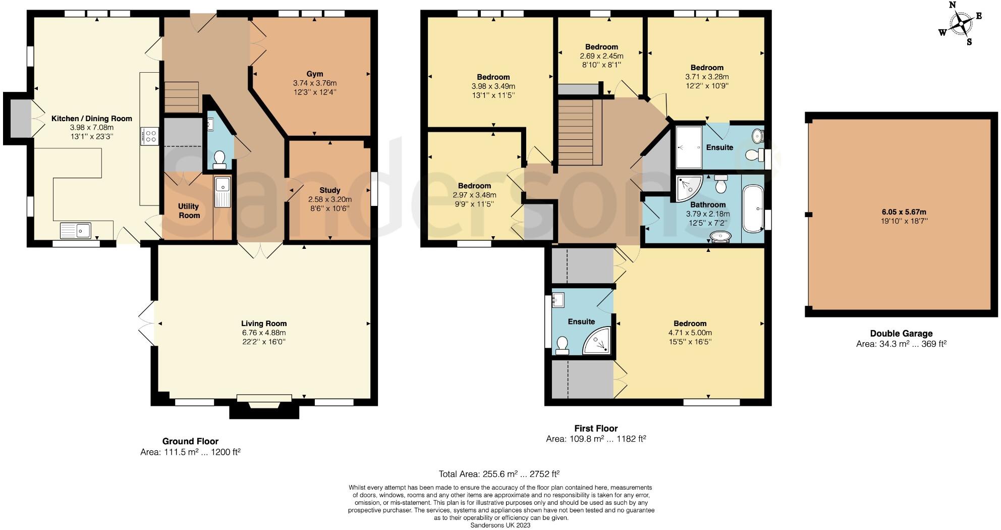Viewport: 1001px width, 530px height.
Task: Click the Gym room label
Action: (x=315, y=74)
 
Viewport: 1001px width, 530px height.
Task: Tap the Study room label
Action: (x=329, y=190)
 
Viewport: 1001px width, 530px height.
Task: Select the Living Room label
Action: (x=263, y=324)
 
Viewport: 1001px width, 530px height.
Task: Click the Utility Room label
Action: (x=189, y=210)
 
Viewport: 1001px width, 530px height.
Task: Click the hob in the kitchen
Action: (x=150, y=136)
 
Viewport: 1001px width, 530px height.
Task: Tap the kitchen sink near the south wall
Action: (x=76, y=231)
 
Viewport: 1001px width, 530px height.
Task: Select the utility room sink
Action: (x=222, y=191)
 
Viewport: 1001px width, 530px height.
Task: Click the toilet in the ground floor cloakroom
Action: (x=219, y=160)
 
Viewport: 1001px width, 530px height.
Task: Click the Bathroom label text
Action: (x=708, y=204)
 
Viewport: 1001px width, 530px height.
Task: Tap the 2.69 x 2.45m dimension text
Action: (x=601, y=56)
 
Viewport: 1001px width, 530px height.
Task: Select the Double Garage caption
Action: (x=901, y=334)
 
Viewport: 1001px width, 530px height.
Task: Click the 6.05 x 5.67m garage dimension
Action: (x=901, y=212)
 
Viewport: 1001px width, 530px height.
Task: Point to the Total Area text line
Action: (x=499, y=474)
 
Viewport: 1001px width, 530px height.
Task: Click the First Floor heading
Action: (x=596, y=429)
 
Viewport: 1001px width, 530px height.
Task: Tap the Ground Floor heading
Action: (x=190, y=441)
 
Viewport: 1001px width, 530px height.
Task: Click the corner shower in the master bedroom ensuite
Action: (x=598, y=342)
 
